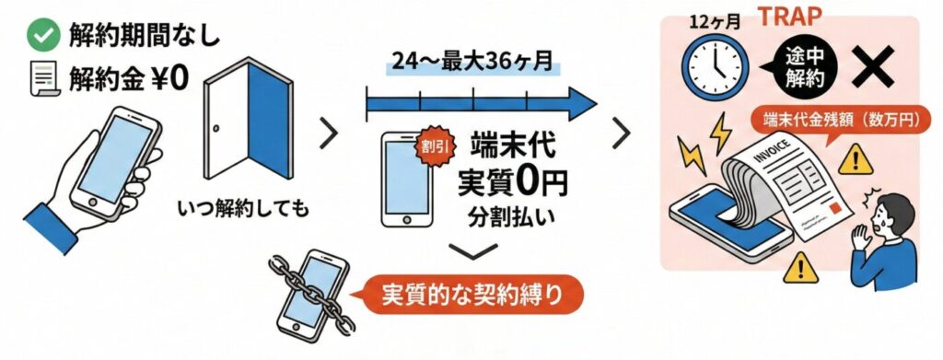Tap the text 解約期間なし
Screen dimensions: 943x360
[x=146, y=36]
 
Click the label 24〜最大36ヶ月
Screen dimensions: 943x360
[x=471, y=64]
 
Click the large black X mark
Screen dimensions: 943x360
[x=869, y=66]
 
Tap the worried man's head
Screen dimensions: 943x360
[x=890, y=214]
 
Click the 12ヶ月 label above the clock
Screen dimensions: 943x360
[x=710, y=20]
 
